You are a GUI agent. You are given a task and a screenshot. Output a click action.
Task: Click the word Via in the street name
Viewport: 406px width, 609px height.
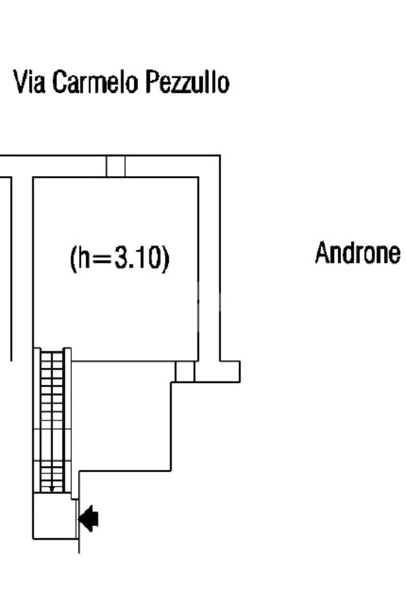pos(29,81)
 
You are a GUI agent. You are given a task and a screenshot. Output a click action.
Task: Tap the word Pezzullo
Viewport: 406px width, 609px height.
pos(187,81)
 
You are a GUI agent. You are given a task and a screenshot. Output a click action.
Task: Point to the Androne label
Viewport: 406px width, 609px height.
pos(357,253)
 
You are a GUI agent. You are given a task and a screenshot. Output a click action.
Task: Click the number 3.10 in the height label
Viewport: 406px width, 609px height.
pos(138,258)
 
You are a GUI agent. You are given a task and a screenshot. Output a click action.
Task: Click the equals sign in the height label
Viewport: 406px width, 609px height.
pos(102,259)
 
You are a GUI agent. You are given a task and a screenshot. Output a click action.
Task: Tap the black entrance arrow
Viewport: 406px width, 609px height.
pos(89,519)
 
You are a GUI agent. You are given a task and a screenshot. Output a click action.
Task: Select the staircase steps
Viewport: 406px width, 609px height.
pos(52,422)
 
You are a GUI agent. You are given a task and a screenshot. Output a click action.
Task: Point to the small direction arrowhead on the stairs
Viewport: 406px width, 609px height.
pos(52,489)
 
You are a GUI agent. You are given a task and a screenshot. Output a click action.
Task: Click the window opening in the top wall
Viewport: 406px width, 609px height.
pos(116,167)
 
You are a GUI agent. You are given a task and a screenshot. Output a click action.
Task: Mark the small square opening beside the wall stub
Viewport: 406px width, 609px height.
pos(185,372)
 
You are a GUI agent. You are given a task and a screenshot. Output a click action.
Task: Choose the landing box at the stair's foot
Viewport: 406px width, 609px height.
pos(55,516)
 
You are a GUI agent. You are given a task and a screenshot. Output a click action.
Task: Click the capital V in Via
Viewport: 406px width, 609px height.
pos(20,81)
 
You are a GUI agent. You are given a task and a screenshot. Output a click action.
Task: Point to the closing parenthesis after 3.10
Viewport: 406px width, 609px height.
pos(166,259)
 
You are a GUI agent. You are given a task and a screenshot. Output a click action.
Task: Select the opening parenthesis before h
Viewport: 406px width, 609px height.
pos(73,259)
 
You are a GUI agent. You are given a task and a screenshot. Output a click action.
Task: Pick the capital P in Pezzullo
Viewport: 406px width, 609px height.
pos(152,81)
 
